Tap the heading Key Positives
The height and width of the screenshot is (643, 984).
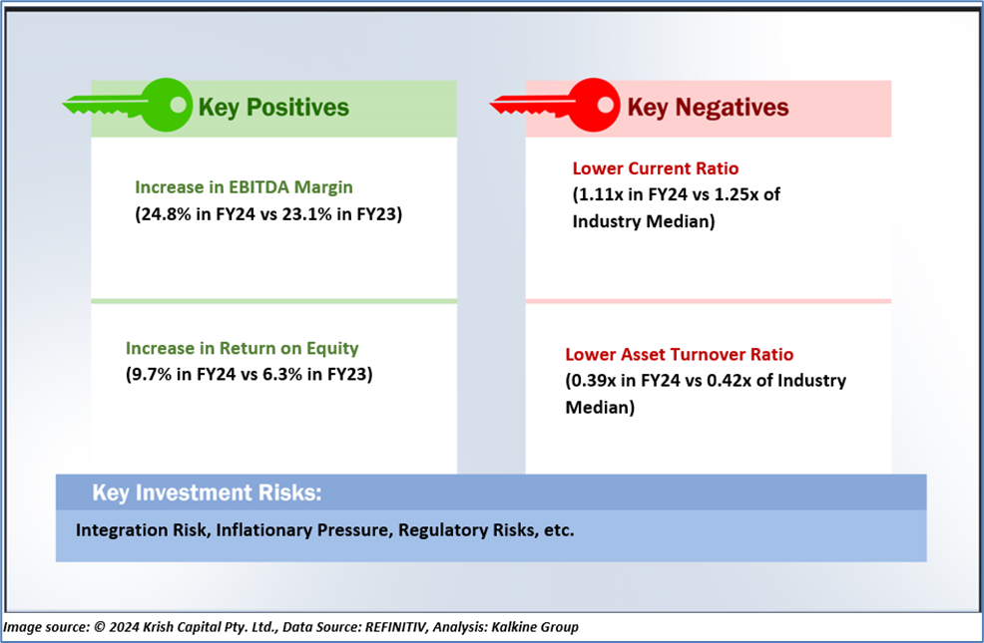coord(273,108)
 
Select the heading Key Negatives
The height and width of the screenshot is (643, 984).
coord(708,108)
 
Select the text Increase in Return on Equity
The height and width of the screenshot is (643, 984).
coord(243,349)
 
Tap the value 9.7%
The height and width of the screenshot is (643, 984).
coord(152,374)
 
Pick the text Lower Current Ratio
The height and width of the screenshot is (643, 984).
coord(655,168)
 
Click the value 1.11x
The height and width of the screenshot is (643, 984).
coord(601,195)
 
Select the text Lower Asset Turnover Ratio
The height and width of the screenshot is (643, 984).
coord(679,355)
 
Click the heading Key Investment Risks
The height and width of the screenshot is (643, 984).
coord(208,493)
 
